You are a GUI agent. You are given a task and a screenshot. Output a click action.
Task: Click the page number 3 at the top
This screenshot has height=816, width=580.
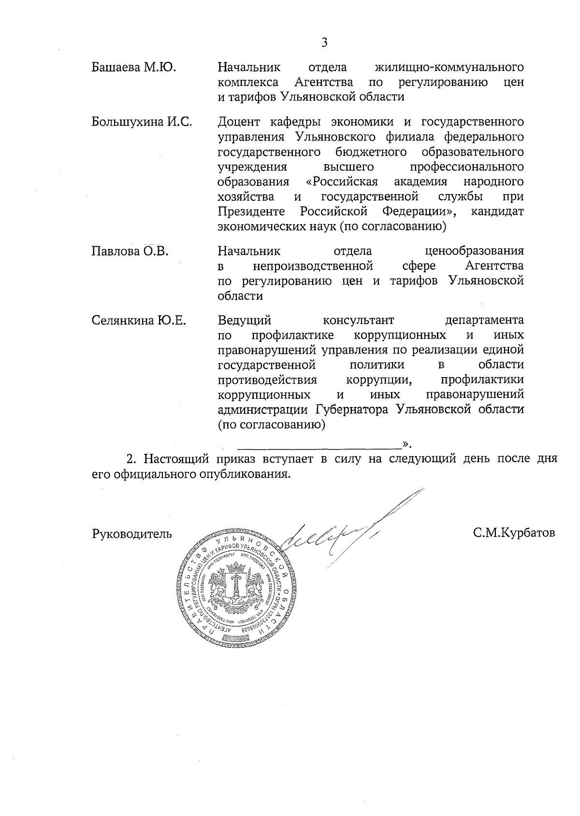tap(324, 43)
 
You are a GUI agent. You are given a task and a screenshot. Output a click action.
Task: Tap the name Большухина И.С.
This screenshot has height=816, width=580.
tap(142, 122)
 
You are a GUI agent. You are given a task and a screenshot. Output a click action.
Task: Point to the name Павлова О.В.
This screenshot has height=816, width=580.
tap(130, 251)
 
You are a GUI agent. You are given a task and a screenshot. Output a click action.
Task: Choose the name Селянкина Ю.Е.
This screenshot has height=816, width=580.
tap(139, 320)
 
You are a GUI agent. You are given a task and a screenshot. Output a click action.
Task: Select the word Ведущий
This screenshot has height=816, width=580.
tap(245, 320)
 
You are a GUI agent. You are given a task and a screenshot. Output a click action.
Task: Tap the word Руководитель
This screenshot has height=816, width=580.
tap(131, 534)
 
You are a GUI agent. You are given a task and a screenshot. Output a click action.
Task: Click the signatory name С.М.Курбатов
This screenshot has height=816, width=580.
tap(514, 533)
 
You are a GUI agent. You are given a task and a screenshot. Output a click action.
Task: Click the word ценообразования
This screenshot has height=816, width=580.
tap(474, 251)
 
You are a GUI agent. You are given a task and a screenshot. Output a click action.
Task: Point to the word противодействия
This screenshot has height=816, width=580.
tap(267, 380)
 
